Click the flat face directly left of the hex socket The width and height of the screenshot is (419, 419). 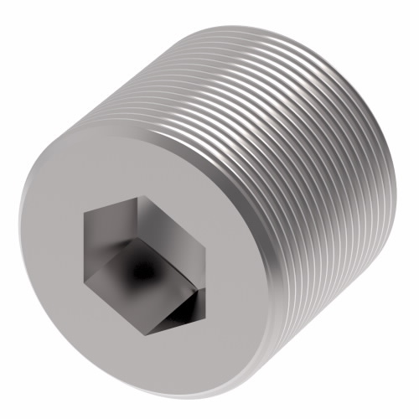50,256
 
